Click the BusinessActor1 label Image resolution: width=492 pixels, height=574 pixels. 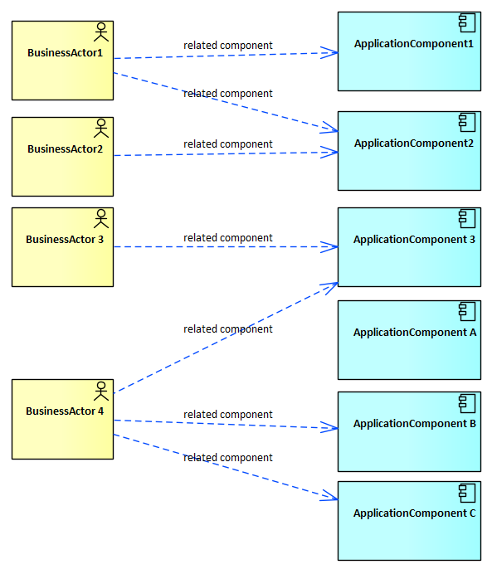[66, 53]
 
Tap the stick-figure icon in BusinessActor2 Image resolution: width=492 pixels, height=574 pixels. [101, 128]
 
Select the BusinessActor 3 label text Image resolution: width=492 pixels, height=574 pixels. [65, 240]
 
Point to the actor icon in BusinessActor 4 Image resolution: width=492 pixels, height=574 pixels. [101, 391]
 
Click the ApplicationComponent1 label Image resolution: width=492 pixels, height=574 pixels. [414, 44]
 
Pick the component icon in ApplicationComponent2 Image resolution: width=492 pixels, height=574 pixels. [467, 122]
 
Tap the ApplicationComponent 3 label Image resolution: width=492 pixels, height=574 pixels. [414, 240]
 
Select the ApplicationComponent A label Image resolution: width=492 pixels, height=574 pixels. [415, 333]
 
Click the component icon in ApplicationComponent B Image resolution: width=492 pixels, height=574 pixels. [467, 403]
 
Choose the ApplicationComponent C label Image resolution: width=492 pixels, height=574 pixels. [414, 513]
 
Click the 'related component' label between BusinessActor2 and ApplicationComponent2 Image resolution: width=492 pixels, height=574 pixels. [228, 144]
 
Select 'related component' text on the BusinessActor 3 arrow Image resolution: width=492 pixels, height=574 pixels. [228, 238]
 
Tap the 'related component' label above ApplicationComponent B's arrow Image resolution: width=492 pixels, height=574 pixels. [228, 415]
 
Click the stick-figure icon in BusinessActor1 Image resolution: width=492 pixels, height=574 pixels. [101, 32]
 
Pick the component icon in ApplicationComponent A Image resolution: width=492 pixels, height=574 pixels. [467, 312]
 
